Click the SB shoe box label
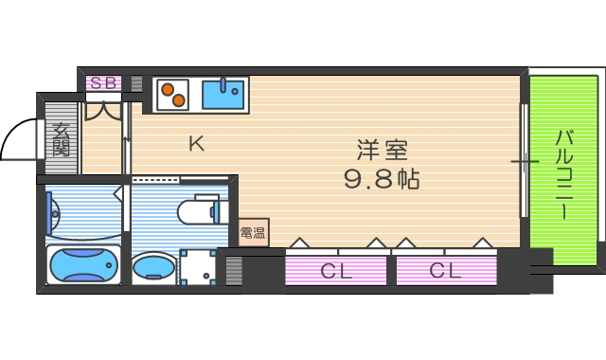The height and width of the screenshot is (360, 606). [104, 82]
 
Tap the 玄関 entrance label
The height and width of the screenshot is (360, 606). [62, 139]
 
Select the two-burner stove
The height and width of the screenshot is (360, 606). [171, 94]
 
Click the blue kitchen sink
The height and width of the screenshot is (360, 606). [223, 94]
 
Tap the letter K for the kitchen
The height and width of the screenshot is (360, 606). [196, 144]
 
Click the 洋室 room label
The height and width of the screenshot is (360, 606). [382, 151]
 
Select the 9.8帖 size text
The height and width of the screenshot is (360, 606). [382, 178]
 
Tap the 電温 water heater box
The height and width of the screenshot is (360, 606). [253, 232]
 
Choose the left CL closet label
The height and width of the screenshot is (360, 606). [335, 271]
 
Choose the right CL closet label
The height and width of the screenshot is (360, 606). [445, 271]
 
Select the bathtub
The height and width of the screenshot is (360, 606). [83, 266]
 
